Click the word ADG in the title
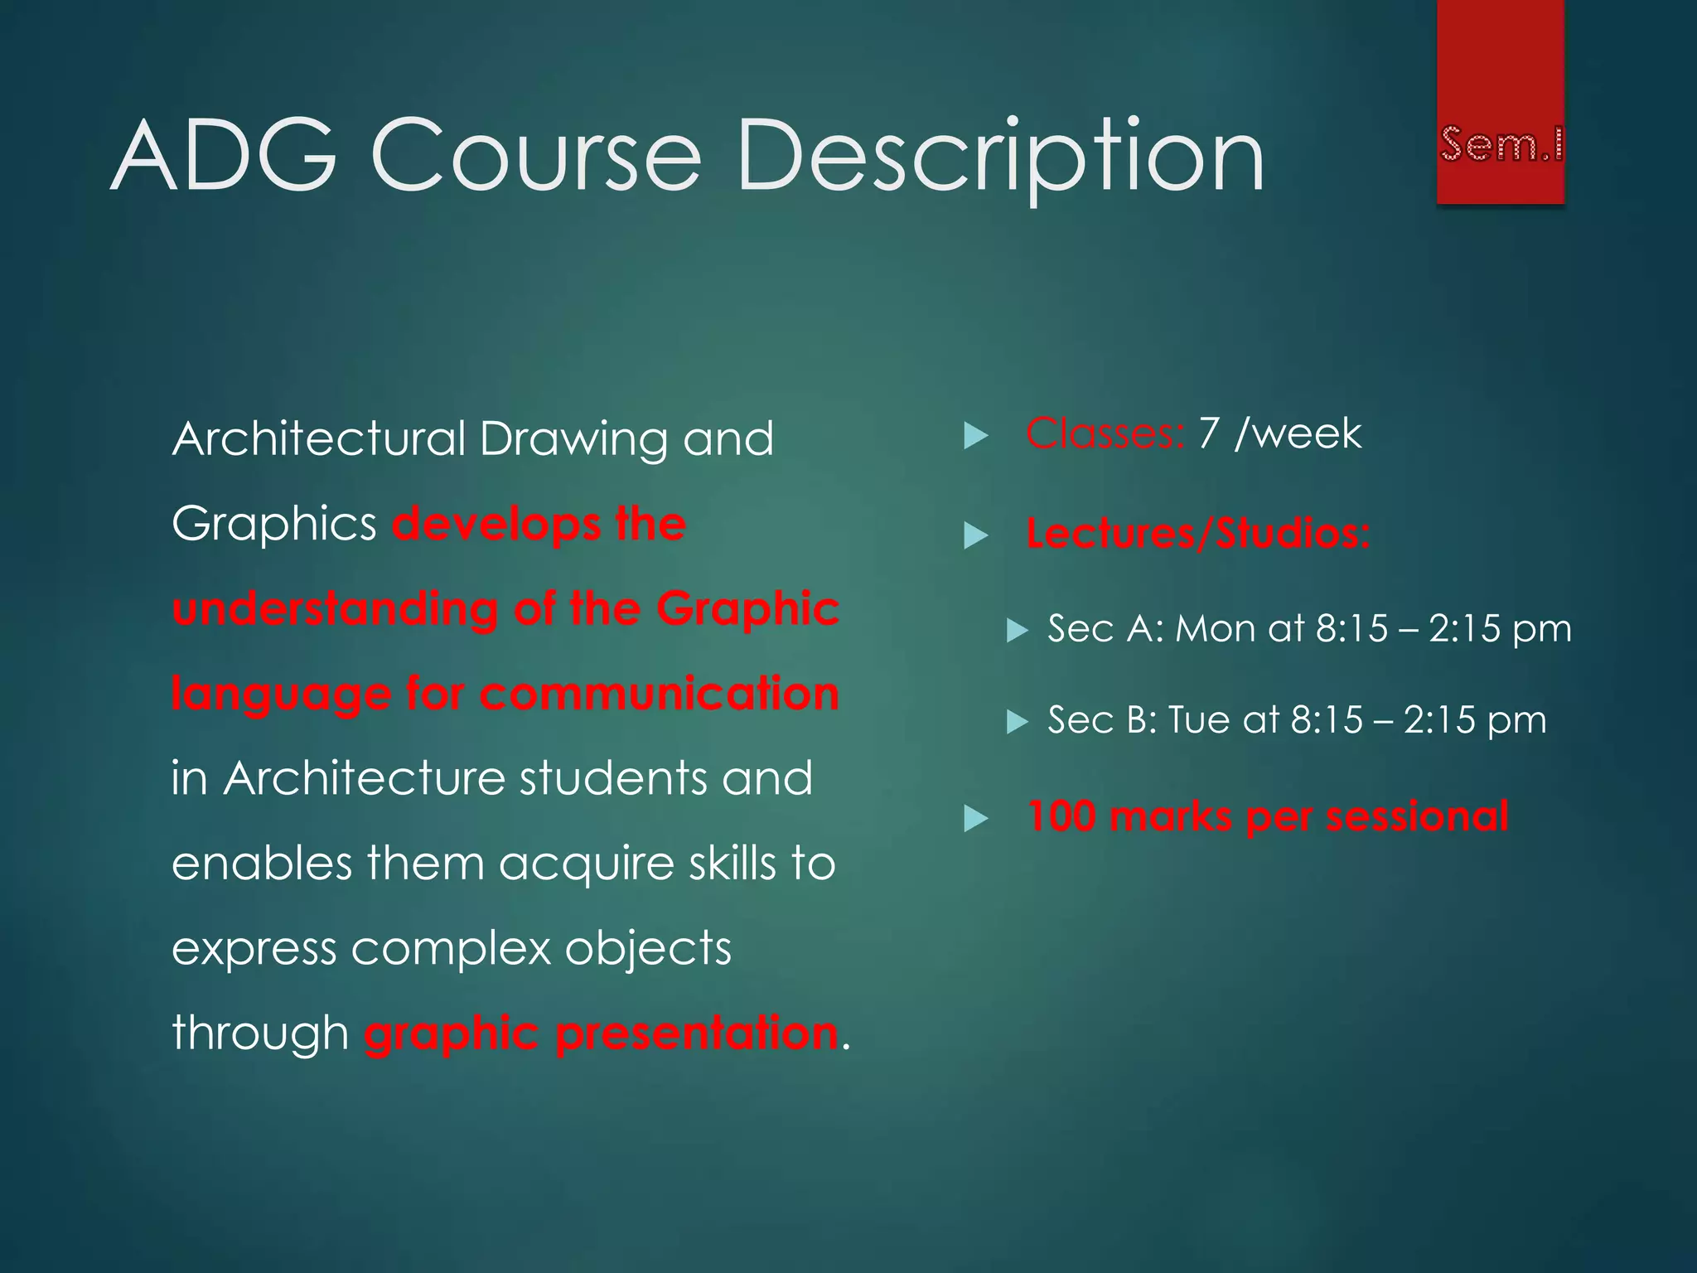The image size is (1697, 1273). click(x=224, y=157)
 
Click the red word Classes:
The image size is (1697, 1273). click(x=1105, y=433)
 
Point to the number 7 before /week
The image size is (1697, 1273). click(x=1209, y=433)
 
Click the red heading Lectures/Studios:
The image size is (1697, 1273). click(x=1198, y=533)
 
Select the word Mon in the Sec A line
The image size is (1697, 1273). click(x=1216, y=628)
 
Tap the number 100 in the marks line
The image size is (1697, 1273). click(x=1061, y=816)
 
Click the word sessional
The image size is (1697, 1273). click(x=1417, y=816)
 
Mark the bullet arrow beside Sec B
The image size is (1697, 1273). click(x=1017, y=722)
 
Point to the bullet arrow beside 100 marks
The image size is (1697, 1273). click(x=977, y=820)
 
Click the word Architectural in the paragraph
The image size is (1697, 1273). click(x=319, y=438)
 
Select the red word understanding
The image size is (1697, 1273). click(x=336, y=609)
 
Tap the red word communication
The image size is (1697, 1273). click(x=659, y=694)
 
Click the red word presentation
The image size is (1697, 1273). click(x=696, y=1033)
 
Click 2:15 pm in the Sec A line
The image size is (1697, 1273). click(x=1500, y=628)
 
